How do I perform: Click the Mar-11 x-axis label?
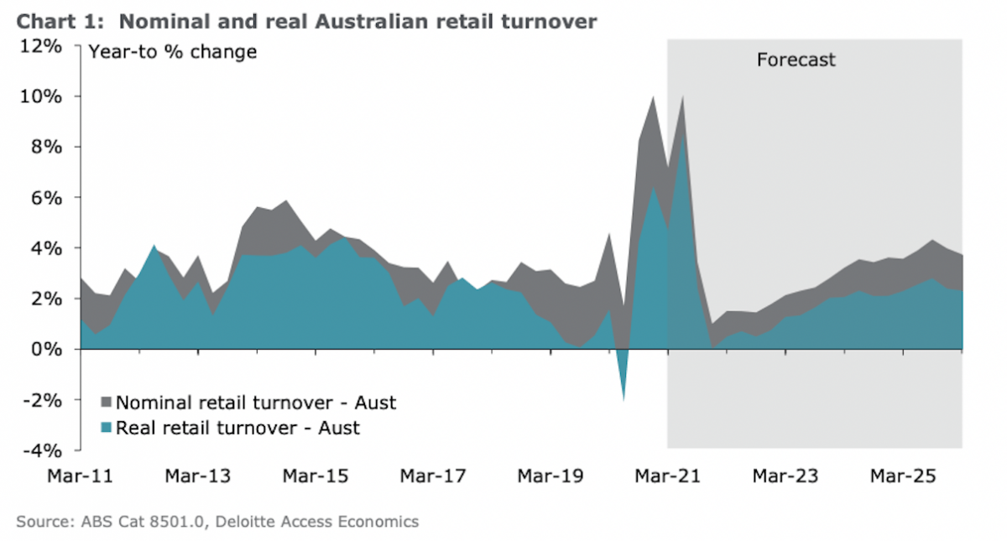click(x=81, y=476)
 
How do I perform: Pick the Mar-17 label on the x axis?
click(x=432, y=476)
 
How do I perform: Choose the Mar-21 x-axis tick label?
click(x=667, y=476)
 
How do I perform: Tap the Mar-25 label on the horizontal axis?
click(x=902, y=476)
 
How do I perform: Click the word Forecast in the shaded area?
click(x=796, y=60)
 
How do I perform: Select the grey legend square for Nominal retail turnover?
click(x=106, y=403)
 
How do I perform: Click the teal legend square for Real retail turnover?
click(x=106, y=428)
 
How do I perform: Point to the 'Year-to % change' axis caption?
click(x=173, y=52)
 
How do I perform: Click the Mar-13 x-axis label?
click(x=197, y=476)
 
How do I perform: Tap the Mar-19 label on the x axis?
click(x=550, y=476)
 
